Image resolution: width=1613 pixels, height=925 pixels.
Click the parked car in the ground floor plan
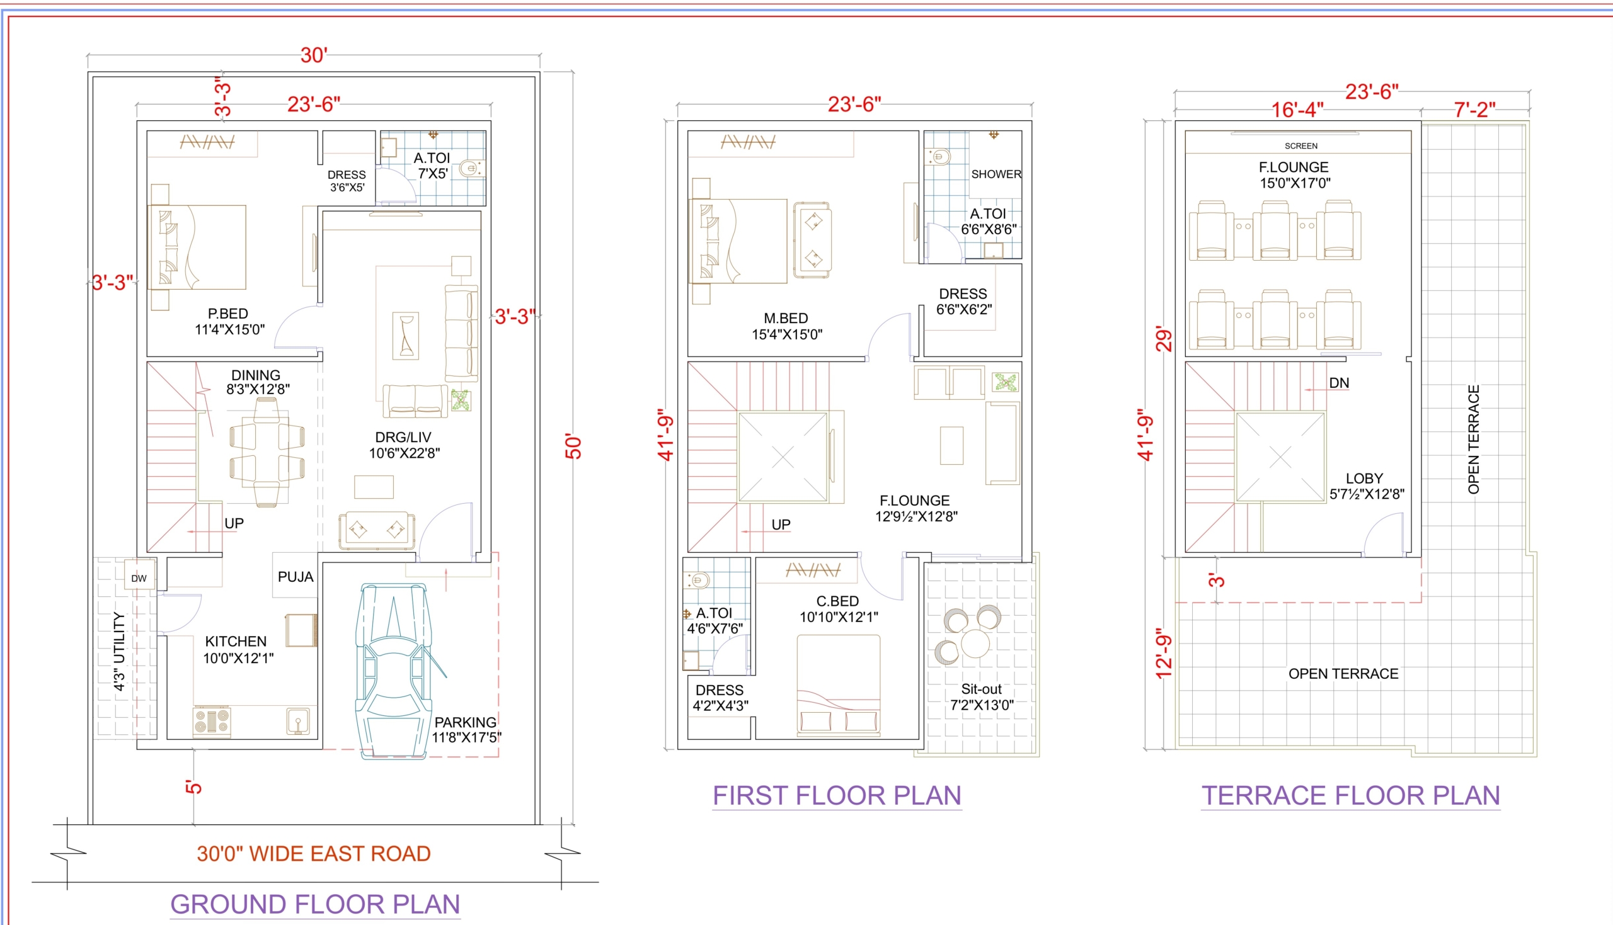(x=394, y=671)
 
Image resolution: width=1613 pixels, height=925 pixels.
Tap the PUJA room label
(x=296, y=577)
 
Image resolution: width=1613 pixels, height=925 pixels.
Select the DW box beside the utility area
(x=139, y=578)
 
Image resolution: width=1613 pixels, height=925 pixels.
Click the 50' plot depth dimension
(x=573, y=447)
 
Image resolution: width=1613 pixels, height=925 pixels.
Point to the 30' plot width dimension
(x=314, y=55)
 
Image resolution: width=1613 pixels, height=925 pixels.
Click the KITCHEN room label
(x=236, y=642)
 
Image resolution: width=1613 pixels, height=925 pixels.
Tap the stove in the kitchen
(x=212, y=721)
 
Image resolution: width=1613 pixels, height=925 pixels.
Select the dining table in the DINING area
(x=267, y=452)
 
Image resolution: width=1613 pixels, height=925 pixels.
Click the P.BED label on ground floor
(x=228, y=314)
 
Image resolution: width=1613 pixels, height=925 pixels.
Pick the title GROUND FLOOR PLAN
(x=315, y=904)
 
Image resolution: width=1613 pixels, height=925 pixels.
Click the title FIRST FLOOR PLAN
(x=837, y=795)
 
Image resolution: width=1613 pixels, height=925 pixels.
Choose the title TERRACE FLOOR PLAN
(x=1350, y=795)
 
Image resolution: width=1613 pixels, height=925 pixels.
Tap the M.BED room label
(x=786, y=318)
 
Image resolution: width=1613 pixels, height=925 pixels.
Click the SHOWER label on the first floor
(x=996, y=174)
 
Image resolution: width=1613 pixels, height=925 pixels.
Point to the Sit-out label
(x=981, y=689)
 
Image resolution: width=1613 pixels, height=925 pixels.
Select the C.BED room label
(x=837, y=601)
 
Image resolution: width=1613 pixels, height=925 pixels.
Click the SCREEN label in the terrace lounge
(x=1301, y=146)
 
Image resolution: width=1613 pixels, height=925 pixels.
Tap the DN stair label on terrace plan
(x=1339, y=383)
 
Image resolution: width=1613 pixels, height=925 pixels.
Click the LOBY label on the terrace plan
(x=1365, y=479)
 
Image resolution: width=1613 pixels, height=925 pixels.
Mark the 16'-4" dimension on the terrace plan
(x=1297, y=110)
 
